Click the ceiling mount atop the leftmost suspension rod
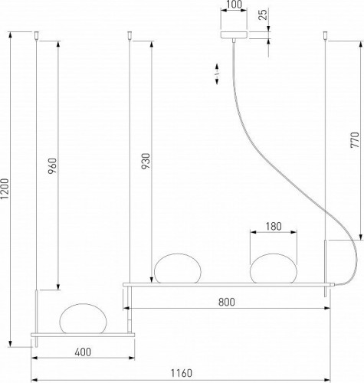coord(36,34)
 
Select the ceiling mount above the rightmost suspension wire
coord(326,34)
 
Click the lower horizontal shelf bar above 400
coord(83,335)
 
